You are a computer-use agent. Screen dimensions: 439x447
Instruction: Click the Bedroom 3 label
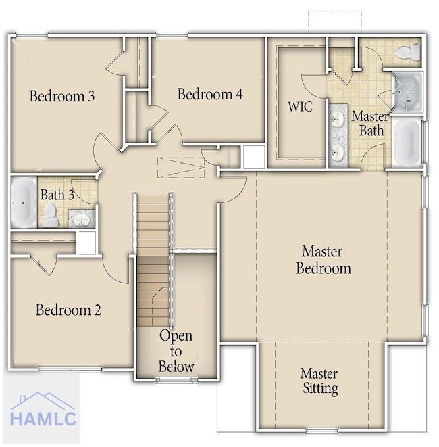click(61, 96)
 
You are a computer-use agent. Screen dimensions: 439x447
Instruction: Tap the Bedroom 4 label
click(210, 94)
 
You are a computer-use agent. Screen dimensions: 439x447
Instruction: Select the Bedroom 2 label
click(68, 310)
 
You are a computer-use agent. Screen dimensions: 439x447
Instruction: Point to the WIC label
click(300, 107)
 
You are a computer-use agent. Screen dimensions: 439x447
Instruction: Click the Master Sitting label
click(319, 381)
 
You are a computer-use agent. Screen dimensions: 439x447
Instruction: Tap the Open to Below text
click(176, 351)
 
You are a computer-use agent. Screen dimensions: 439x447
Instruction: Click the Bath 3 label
click(57, 195)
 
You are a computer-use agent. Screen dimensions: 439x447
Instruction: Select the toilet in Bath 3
click(51, 215)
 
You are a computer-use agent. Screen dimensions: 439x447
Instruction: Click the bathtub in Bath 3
click(24, 202)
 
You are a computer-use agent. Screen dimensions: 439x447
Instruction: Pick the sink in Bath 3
click(82, 220)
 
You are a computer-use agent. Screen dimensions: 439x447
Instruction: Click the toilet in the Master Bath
click(408, 51)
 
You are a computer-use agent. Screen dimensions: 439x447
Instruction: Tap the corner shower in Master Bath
click(408, 91)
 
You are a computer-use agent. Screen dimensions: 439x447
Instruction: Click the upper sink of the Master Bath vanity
click(338, 118)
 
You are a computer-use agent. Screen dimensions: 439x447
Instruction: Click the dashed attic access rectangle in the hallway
click(181, 167)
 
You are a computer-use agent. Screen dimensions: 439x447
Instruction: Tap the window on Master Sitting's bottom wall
click(321, 429)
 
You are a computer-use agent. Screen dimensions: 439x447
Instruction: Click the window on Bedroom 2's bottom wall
click(70, 370)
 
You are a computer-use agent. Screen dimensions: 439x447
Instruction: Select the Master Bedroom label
click(323, 260)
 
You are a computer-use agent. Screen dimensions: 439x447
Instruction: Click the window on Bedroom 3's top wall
click(32, 35)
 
